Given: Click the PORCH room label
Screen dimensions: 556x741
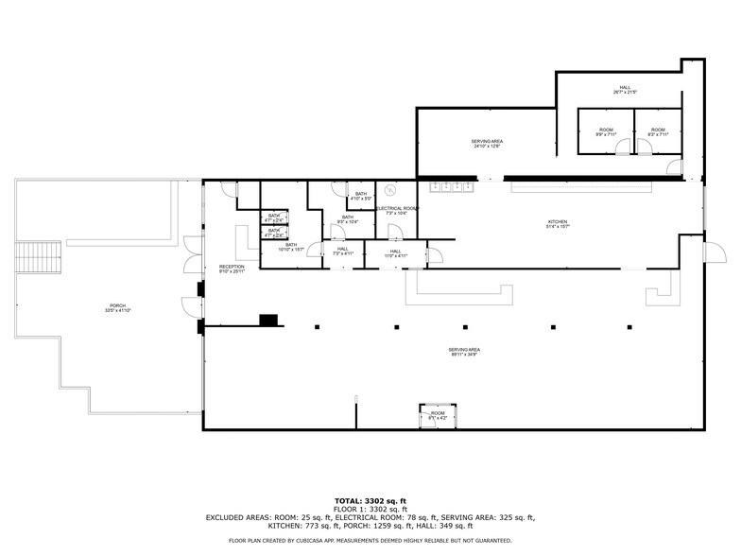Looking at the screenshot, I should (118, 307).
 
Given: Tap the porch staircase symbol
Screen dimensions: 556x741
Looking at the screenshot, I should (37, 256).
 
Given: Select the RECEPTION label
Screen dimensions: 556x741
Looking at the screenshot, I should (232, 269).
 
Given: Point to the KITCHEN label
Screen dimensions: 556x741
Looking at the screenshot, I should (557, 224).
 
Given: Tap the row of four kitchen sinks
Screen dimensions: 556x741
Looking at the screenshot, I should (453, 187).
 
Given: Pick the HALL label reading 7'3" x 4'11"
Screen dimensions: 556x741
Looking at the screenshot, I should (341, 251).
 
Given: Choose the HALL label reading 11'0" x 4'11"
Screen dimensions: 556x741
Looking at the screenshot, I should (395, 252).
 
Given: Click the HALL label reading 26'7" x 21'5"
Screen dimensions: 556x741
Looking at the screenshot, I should (625, 90).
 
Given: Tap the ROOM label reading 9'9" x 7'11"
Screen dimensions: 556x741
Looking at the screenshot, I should (605, 131).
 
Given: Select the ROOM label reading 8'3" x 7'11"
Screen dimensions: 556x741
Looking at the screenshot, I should (658, 131).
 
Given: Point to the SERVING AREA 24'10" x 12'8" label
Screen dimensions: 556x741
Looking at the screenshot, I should (487, 144).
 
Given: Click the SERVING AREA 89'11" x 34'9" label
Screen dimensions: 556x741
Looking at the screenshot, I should (464, 353).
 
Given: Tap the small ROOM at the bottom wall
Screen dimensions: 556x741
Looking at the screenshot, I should (438, 414).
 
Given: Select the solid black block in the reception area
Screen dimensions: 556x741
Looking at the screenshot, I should (268, 320).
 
